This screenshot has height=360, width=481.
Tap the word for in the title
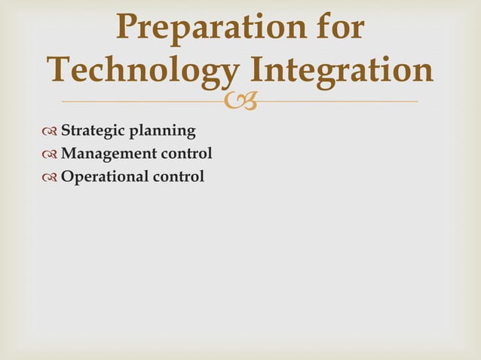[334, 29]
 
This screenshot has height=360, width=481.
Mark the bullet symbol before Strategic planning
[51, 132]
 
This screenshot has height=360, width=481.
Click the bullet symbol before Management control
[51, 154]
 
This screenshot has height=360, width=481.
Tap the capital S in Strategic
[65, 131]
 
